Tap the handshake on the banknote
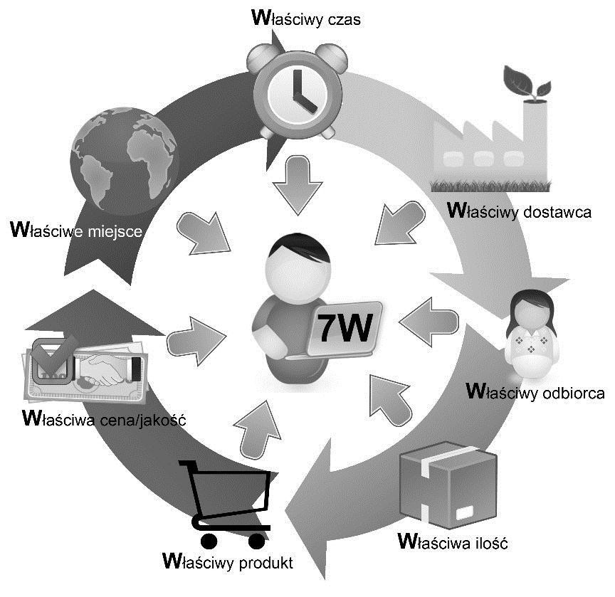tap(104, 370)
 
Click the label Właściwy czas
tap(307, 18)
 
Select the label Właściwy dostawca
tap(519, 211)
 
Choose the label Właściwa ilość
tap(452, 544)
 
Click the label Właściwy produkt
tap(227, 560)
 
